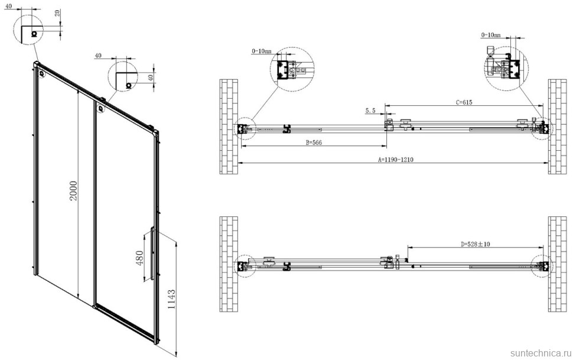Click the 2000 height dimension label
click(73, 190)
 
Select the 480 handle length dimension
click(139, 258)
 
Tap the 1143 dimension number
click(171, 300)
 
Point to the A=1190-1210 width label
click(395, 160)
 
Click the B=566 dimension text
click(314, 142)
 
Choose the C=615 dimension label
click(464, 102)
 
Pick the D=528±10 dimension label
click(475, 244)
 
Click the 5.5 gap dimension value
click(370, 111)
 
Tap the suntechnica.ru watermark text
click(541, 353)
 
